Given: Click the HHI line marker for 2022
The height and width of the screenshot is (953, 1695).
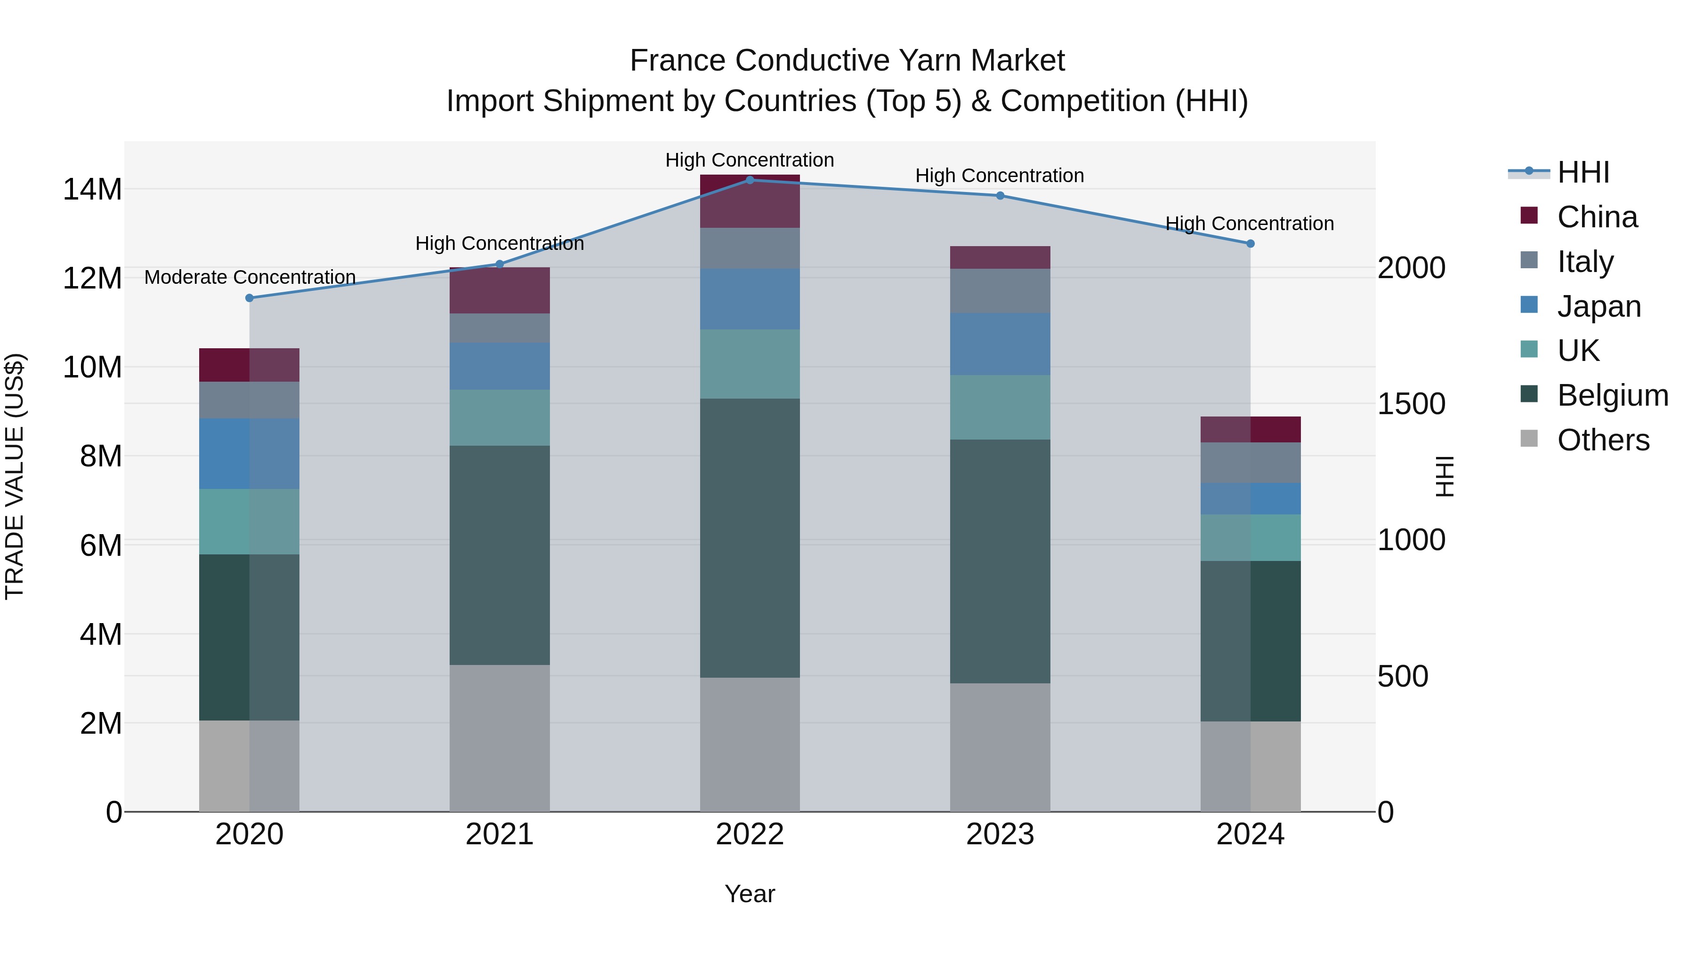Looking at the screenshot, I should tap(750, 180).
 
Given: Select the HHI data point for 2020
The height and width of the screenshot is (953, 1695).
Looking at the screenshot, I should tap(250, 298).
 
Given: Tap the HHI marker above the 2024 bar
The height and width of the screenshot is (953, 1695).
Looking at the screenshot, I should tap(1250, 244).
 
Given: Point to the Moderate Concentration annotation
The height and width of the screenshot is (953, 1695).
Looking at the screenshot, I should tap(250, 278).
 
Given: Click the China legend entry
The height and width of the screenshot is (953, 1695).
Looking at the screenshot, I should tap(1597, 217).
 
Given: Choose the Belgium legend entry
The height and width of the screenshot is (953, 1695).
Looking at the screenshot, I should tap(1612, 395).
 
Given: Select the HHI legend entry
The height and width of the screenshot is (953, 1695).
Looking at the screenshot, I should tap(1583, 172).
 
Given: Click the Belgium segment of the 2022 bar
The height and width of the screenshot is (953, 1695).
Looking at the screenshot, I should tap(750, 538).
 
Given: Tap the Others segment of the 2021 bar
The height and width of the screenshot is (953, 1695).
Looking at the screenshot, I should tap(500, 738).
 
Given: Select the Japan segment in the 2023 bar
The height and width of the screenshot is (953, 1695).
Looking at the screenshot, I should tap(1000, 344).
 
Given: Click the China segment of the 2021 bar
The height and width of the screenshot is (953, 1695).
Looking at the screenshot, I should tap(500, 290).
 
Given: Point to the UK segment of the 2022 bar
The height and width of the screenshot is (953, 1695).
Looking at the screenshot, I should tap(750, 364).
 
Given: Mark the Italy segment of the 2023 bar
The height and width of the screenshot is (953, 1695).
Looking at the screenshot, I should tap(1000, 291).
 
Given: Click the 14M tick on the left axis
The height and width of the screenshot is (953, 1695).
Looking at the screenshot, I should tap(92, 189).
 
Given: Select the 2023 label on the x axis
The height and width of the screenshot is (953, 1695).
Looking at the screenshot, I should tap(1000, 834).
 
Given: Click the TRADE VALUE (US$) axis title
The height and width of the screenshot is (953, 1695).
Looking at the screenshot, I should tap(15, 476).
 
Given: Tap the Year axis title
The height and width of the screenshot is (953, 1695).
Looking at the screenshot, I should tap(750, 894).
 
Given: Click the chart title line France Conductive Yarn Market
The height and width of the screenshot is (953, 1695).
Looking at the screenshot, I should tap(847, 61).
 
